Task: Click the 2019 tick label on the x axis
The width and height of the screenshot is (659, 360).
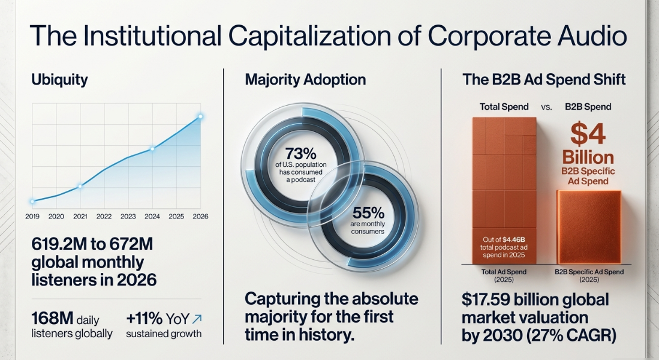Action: [x=32, y=216]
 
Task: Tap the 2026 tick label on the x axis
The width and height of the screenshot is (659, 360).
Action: [x=200, y=216]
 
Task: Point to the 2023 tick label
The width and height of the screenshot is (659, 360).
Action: [x=128, y=216]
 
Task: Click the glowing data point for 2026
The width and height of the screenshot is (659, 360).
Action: [x=200, y=116]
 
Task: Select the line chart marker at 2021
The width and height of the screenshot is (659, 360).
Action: [x=80, y=186]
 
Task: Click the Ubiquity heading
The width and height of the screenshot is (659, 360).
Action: [x=60, y=79]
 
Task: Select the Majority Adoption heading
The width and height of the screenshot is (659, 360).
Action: [x=306, y=79]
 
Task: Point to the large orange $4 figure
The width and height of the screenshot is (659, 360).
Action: [x=588, y=134]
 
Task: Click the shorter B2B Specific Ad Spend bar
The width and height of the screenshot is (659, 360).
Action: [x=589, y=227]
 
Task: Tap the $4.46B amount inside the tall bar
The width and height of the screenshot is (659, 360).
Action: [x=514, y=240]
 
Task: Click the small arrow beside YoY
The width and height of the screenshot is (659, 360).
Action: [x=197, y=319]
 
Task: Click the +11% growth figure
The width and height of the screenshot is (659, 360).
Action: [x=144, y=319]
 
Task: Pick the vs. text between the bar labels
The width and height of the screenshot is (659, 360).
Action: [x=546, y=107]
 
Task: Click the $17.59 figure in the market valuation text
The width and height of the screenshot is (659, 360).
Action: [x=485, y=299]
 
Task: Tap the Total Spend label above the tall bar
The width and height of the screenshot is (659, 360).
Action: [x=504, y=107]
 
